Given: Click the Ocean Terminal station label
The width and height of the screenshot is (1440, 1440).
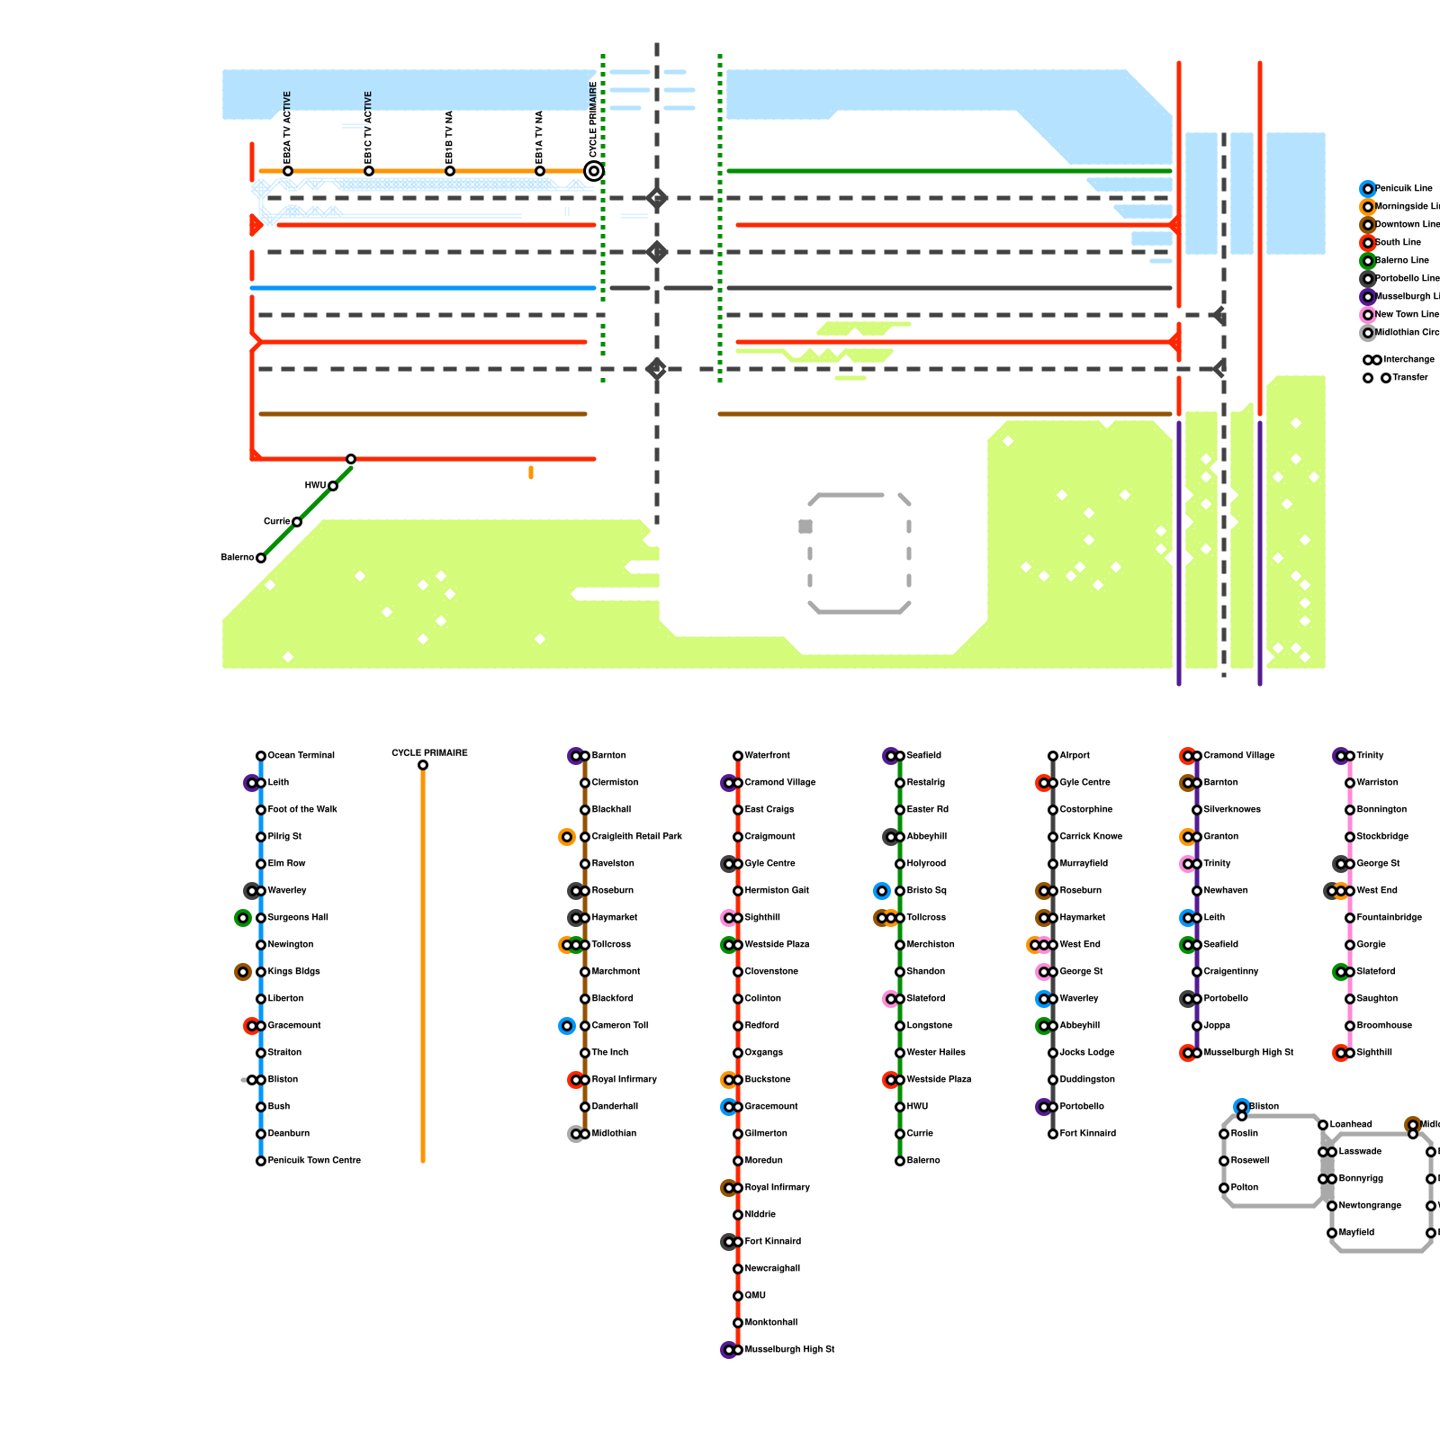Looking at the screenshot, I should click(x=301, y=756).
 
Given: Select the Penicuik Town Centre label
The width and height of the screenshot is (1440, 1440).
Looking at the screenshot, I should click(x=314, y=1161).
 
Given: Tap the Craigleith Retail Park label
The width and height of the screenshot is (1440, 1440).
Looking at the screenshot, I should click(x=636, y=837).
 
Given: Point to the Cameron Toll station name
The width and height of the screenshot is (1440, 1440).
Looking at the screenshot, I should click(x=619, y=1026).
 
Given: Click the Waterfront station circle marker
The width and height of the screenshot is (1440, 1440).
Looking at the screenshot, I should click(x=738, y=756).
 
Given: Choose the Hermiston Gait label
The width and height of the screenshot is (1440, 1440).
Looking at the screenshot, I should click(x=777, y=891).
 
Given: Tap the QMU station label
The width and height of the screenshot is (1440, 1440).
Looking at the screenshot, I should click(x=755, y=1296).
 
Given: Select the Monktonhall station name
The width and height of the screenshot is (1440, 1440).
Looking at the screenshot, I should click(x=771, y=1323).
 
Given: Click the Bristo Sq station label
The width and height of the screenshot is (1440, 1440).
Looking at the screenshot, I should click(x=926, y=891).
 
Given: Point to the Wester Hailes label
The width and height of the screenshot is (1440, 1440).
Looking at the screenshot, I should click(x=936, y=1053).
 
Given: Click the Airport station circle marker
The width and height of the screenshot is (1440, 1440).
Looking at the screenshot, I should click(x=1053, y=756).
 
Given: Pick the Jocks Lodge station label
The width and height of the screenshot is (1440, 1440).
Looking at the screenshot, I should click(x=1087, y=1053).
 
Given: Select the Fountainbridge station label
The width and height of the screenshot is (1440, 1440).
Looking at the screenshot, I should click(x=1390, y=918).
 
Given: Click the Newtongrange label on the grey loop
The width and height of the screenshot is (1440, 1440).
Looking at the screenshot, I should click(x=1370, y=1206).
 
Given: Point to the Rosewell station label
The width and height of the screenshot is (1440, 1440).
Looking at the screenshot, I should click(x=1250, y=1161).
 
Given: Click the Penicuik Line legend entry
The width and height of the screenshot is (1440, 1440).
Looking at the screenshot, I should click(x=1403, y=189).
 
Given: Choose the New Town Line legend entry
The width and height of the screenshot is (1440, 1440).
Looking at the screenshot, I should click(x=1407, y=315).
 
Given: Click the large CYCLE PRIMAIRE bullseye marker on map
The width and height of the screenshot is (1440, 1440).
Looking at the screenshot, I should click(x=594, y=171).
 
